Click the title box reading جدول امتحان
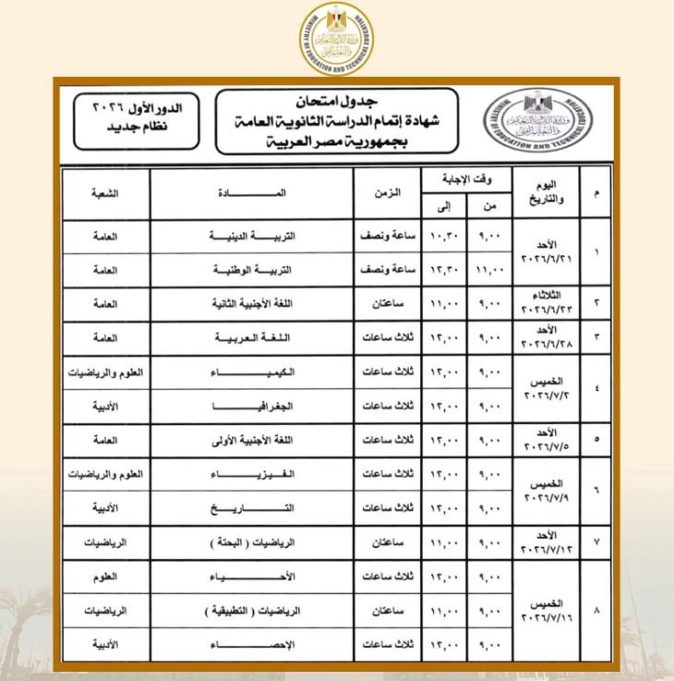click(x=335, y=120)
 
